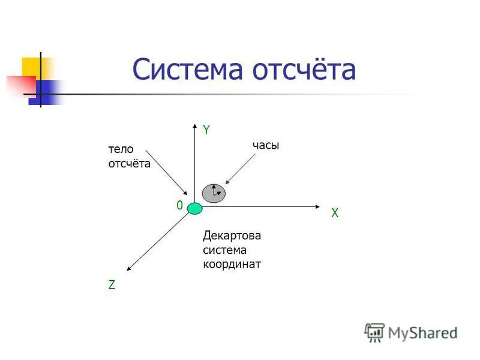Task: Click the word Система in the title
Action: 187,70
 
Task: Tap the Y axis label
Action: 206,129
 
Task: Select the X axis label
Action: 335,213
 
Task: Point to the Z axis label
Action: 112,286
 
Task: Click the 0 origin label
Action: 179,205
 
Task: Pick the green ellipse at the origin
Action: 195,209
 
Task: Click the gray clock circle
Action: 214,193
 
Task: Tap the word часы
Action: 266,145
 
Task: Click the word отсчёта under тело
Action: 129,164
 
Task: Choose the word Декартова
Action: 232,235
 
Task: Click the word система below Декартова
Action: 224,250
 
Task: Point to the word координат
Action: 232,264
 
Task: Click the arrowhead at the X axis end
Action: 320,207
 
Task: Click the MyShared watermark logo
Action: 410,332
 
